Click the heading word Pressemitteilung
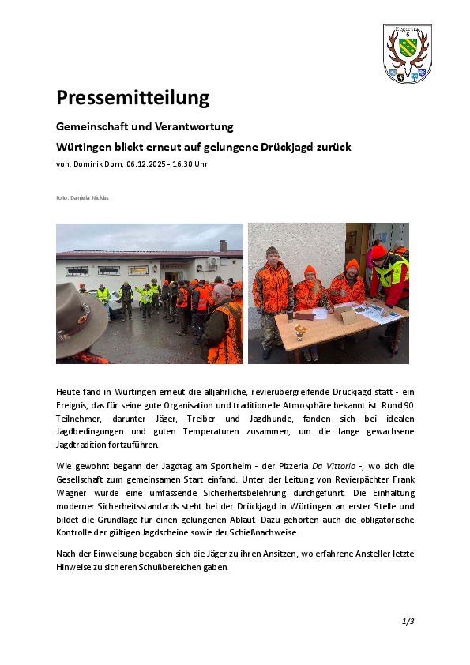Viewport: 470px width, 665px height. pyautogui.click(x=132, y=98)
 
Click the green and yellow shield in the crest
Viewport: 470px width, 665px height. pyautogui.click(x=408, y=48)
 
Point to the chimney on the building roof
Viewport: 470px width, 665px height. pyautogui.click(x=224, y=246)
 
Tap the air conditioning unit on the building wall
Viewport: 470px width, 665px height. pyautogui.click(x=213, y=261)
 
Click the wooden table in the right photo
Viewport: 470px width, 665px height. pyautogui.click(x=348, y=324)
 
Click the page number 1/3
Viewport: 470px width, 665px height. pyautogui.click(x=408, y=622)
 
